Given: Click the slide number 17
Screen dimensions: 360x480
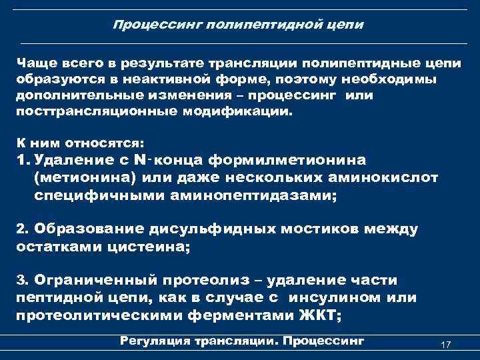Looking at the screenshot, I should tap(446, 344).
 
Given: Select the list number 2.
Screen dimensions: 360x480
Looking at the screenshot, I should tap(21, 229).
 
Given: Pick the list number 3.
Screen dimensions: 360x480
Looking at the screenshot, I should tap(21, 280).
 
